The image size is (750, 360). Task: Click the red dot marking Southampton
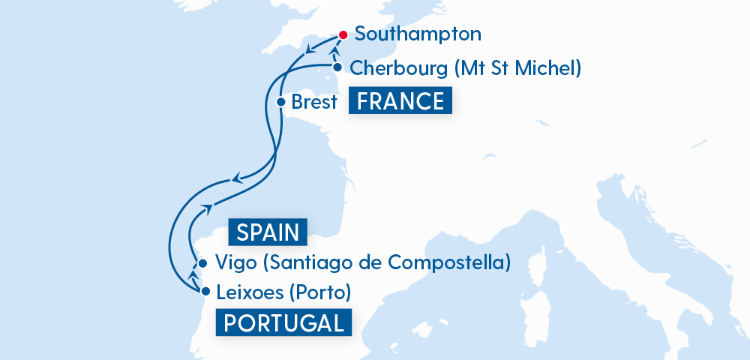coord(342,34)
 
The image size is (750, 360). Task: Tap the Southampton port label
coord(417,34)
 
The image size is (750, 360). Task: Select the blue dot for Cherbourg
coord(337,67)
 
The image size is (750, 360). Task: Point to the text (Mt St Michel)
coord(518,68)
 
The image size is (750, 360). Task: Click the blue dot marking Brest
coord(280,102)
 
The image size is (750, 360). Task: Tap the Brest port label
coord(314,102)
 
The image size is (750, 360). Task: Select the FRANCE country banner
coord(400,101)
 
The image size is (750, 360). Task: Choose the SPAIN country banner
coord(268,232)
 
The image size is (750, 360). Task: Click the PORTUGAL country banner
coord(283,323)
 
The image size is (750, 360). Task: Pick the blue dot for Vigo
coord(202,263)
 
